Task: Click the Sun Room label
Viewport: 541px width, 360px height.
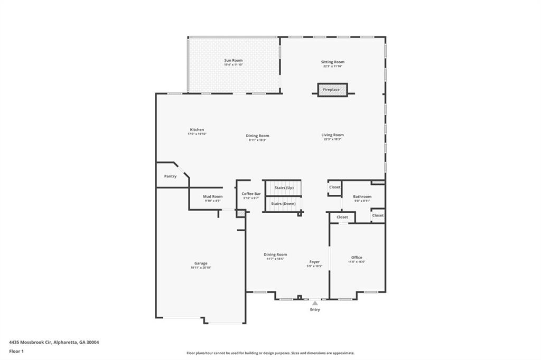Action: [x=233, y=60]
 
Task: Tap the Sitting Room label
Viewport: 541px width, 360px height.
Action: [x=332, y=62]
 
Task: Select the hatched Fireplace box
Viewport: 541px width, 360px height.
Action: [x=332, y=90]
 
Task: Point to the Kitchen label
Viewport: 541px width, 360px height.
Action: [x=197, y=129]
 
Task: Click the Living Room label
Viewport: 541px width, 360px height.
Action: [x=332, y=135]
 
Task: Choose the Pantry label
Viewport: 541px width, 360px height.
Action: [x=170, y=176]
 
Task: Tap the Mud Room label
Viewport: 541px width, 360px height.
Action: [x=213, y=196]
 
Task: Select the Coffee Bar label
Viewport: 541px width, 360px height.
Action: [x=251, y=194]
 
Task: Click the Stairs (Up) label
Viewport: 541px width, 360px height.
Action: [x=284, y=187]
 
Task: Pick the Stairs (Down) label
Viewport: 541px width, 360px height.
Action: [x=283, y=203]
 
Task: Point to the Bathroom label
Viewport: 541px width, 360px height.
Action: [x=362, y=196]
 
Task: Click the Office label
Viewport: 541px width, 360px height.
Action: [x=357, y=257]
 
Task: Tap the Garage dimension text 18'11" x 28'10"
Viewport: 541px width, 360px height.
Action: [x=201, y=268]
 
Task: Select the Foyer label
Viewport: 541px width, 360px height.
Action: [x=314, y=261]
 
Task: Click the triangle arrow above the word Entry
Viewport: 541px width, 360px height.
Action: [x=315, y=303]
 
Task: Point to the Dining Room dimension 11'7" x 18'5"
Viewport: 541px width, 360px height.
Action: [x=275, y=259]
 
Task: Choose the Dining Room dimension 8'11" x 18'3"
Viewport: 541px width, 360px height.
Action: [x=257, y=140]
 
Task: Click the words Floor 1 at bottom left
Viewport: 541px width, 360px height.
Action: [x=16, y=351]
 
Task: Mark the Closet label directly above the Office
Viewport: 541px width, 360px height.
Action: [x=342, y=217]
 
